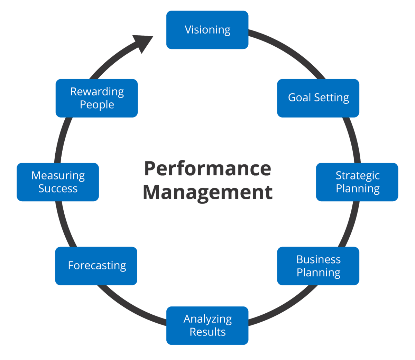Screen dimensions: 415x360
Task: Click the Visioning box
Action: (207, 30)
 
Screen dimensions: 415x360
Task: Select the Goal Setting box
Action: (318, 98)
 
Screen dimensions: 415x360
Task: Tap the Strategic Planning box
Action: (357, 182)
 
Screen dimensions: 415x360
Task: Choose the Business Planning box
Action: (318, 266)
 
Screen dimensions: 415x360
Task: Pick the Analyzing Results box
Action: (207, 325)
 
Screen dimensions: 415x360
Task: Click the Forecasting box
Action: (96, 266)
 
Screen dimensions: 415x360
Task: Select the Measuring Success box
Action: (58, 182)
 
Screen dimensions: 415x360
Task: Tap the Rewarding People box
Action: (96, 98)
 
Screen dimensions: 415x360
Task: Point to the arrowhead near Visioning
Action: (143, 43)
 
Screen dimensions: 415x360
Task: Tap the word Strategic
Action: (358, 176)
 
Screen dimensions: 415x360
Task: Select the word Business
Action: (319, 259)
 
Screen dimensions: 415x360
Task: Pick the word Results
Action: (207, 332)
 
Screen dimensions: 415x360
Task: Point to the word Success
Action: (58, 188)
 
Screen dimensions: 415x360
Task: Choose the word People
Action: (97, 105)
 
